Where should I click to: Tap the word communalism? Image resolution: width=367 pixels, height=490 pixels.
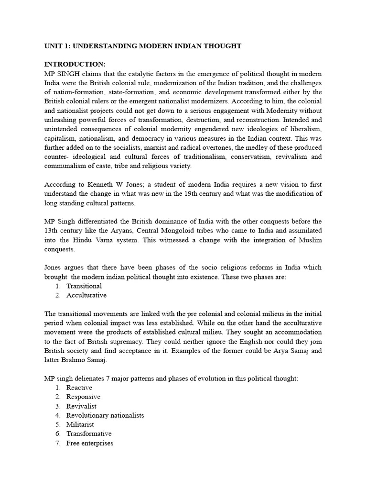(68, 166)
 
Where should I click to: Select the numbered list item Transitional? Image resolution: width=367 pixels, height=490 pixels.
(84, 286)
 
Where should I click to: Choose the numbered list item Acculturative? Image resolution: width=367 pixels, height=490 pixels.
(86, 295)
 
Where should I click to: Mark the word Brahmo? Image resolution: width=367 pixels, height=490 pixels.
(76, 359)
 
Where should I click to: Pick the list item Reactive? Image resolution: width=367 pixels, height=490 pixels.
(79, 388)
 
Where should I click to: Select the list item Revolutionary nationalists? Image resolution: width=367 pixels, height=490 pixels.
(105, 415)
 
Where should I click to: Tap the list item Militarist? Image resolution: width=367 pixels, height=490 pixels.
(80, 424)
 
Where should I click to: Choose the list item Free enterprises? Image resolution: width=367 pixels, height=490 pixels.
(90, 443)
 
